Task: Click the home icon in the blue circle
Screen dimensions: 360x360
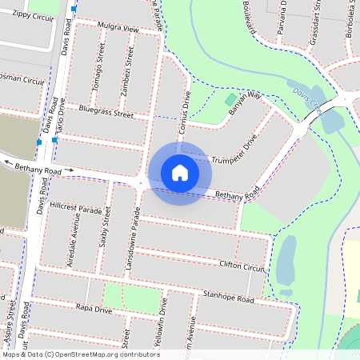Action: point(180,172)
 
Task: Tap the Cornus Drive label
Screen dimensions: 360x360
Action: point(185,117)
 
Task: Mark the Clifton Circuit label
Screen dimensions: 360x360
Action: point(241,266)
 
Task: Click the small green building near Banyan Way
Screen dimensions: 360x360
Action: point(232,100)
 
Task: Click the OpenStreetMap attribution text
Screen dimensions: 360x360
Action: point(81,354)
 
